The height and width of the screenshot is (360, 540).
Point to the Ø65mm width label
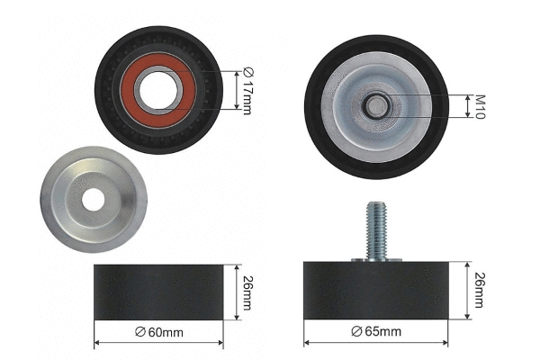377,333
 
